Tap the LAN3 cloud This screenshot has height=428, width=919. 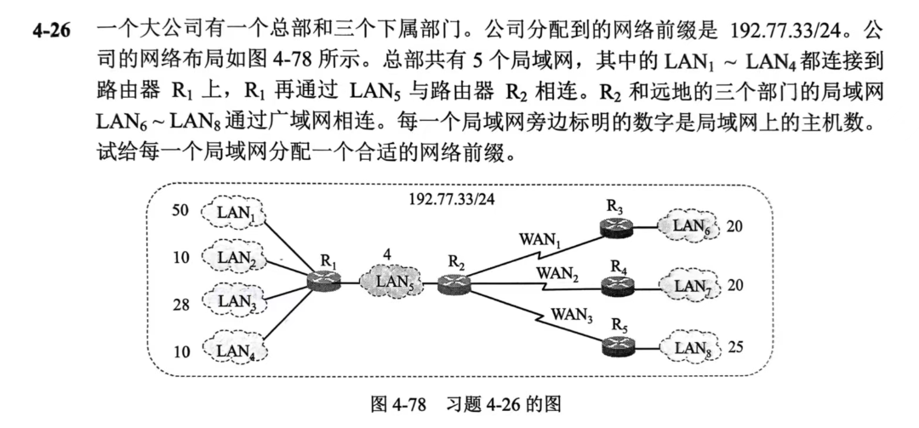tap(231, 300)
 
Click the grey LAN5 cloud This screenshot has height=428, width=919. tap(392, 277)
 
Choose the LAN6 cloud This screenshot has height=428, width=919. tap(690, 226)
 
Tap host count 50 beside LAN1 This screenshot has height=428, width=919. tap(181, 209)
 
